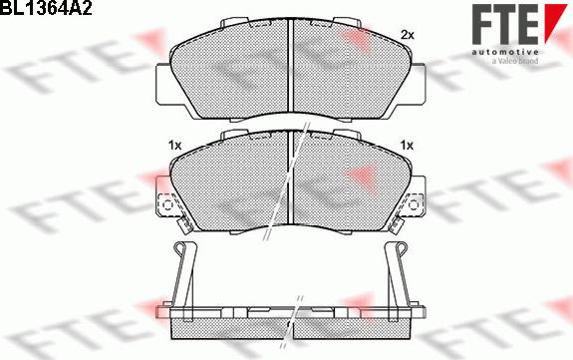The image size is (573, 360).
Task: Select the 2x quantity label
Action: [406, 35]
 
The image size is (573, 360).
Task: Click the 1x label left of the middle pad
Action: [174, 146]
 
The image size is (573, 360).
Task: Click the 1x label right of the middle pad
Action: [406, 146]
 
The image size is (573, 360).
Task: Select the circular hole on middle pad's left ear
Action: [167, 206]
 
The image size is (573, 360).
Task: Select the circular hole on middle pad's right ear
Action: [409, 206]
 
